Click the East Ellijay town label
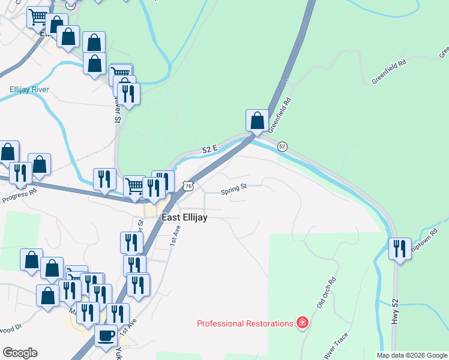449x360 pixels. coord(185,218)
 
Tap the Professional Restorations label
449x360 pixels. coord(245,323)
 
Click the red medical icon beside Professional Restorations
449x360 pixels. coord(303,323)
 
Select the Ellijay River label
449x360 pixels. coord(29,90)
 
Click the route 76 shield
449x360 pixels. coord(188,186)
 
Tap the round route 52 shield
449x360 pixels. coord(282,146)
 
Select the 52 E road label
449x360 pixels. coord(209,149)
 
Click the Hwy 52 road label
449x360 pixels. coord(395,312)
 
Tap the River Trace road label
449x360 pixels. coord(336,347)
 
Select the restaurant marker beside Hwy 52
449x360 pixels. coord(400,248)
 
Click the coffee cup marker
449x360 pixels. coord(106,335)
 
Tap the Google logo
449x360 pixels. coord(20,353)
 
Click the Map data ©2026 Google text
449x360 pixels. coord(411,355)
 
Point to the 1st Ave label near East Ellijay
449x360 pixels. coord(175,238)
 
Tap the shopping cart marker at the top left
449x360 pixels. coord(38,17)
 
